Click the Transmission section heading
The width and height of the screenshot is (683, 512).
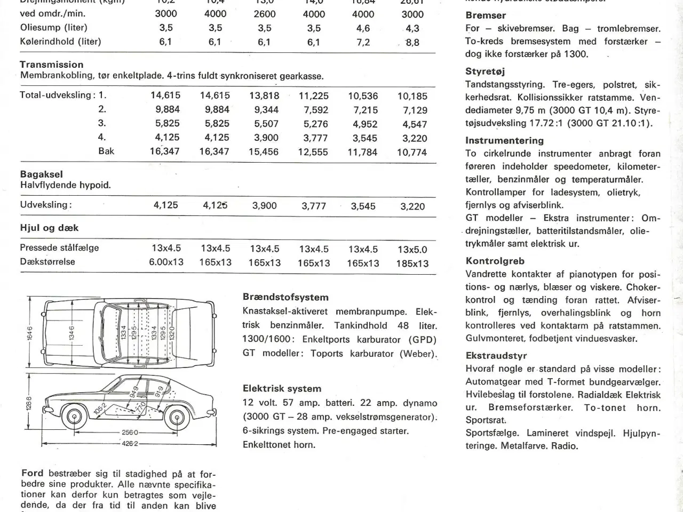52,65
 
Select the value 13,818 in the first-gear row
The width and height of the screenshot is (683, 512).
264,96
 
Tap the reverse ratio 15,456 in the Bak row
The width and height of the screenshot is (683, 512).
264,152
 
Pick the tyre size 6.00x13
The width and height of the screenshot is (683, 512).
166,262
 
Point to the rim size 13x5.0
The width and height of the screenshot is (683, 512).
412,250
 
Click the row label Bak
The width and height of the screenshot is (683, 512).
106,151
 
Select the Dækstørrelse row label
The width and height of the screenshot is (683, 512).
47,262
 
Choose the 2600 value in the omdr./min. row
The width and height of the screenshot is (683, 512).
265,14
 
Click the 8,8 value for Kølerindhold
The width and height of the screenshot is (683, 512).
412,42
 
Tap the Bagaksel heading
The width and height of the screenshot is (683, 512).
41,174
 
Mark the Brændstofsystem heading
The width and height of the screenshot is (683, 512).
285,297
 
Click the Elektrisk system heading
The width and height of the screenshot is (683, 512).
282,389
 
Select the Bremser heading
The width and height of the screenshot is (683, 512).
486,15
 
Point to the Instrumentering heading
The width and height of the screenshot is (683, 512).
504,141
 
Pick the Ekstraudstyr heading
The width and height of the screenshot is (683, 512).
496,356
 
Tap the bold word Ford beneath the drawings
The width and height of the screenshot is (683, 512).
33,473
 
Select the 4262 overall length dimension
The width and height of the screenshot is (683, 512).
130,444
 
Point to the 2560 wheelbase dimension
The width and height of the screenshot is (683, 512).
130,433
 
